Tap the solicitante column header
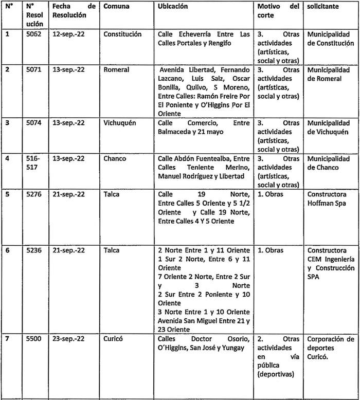(x=323, y=7)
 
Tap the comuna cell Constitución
(x=122, y=34)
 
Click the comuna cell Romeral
(x=115, y=69)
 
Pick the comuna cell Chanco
(x=115, y=158)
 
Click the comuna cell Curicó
(x=113, y=339)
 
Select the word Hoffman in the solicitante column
(x=320, y=203)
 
